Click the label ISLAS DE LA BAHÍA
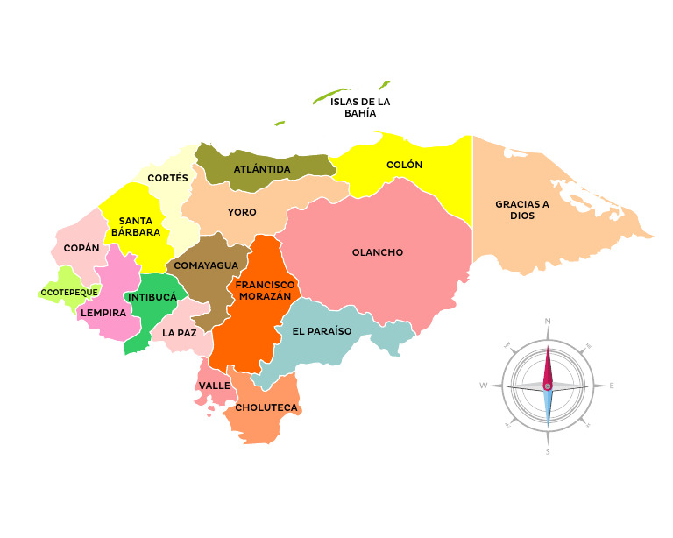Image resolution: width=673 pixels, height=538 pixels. [360, 107]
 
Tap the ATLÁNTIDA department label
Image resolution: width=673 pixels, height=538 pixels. [262, 168]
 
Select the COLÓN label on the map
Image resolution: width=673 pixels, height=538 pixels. [404, 165]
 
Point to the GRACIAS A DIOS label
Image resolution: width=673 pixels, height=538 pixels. [522, 209]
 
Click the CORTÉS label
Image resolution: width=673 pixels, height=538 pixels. [168, 178]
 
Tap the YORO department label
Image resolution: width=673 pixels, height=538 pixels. [242, 212]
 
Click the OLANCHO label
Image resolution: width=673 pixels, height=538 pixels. [378, 252]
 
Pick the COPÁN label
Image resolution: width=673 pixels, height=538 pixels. [81, 248]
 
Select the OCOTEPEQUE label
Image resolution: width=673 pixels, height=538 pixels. [69, 292]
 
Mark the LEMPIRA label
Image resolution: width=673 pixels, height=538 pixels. [103, 312]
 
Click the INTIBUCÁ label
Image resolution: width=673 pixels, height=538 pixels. [152, 297]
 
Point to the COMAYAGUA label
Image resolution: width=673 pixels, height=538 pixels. [206, 265]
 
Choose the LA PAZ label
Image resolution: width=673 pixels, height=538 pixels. [180, 333]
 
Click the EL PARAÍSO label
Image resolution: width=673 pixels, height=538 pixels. [322, 331]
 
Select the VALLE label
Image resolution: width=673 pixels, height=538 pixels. [215, 385]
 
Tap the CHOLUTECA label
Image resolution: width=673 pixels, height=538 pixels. [266, 407]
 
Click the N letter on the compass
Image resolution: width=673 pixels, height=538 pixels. [548, 322]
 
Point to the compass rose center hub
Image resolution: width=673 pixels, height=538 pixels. [548, 386]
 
